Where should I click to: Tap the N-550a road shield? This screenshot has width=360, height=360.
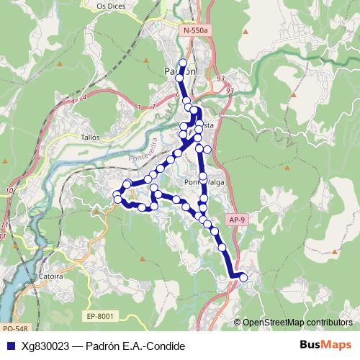pyautogui.click(x=195, y=31)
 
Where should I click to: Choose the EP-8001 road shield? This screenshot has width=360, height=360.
pyautogui.click(x=101, y=315)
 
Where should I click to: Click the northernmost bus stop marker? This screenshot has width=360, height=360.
pyautogui.click(x=183, y=63)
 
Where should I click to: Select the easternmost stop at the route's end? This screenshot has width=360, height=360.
pyautogui.click(x=243, y=277)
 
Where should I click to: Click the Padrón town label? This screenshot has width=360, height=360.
pyautogui.click(x=179, y=71)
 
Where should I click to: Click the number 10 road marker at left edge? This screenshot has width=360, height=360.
pyautogui.click(x=9, y=191)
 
